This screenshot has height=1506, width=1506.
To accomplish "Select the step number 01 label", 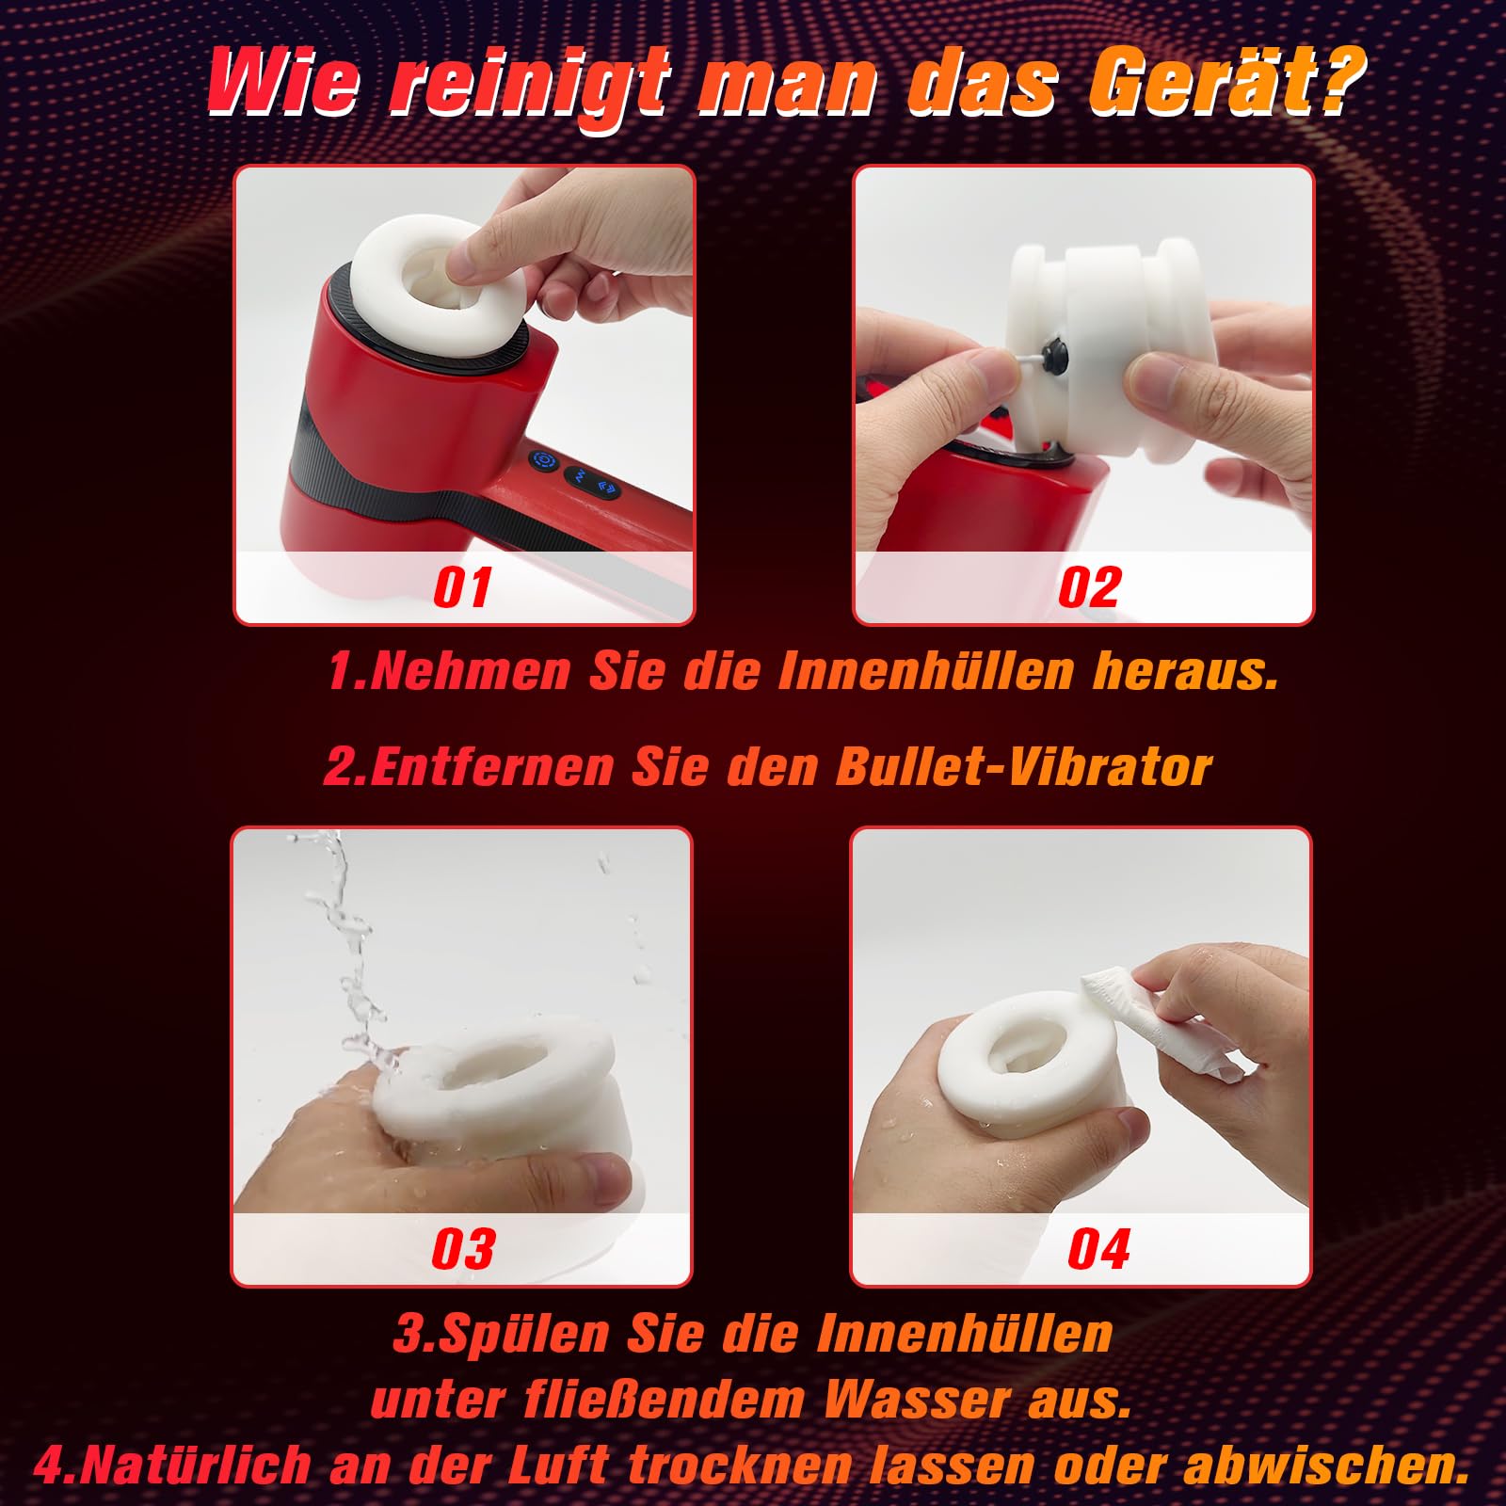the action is click(462, 587).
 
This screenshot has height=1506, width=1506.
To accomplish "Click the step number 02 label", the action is click(1090, 587).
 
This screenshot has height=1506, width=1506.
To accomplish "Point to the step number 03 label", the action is click(463, 1249).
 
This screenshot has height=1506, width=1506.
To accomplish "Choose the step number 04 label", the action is click(1098, 1249).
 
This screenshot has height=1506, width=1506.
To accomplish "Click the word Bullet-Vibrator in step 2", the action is click(1023, 767).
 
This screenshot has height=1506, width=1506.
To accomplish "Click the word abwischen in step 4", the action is click(1325, 1466).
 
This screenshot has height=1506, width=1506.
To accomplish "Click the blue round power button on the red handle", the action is click(543, 462).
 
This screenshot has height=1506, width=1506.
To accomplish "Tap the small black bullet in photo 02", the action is click(1050, 357).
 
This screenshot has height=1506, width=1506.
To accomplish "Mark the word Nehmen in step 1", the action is click(471, 671).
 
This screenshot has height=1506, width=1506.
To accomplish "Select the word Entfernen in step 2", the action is click(491, 767).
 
